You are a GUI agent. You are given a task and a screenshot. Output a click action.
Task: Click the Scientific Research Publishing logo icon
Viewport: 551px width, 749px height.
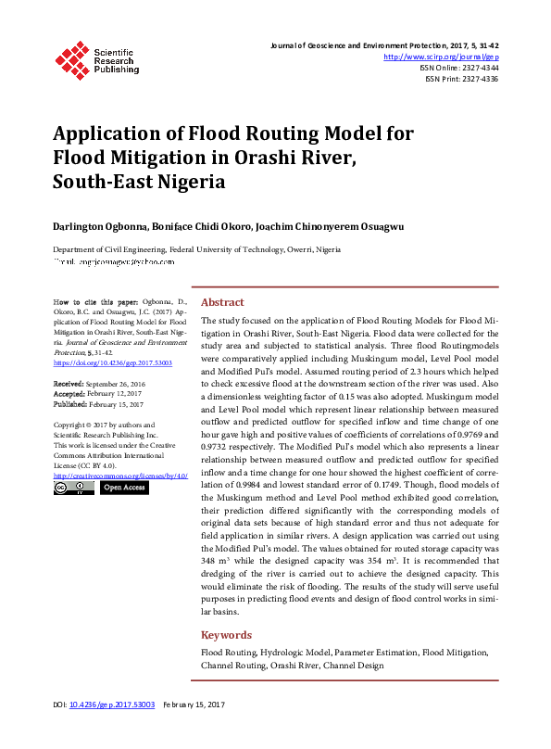tap(71, 57)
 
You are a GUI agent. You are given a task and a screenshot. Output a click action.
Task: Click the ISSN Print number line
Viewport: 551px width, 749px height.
tap(461, 79)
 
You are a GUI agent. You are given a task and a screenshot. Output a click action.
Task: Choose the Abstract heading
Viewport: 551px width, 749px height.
tap(222, 302)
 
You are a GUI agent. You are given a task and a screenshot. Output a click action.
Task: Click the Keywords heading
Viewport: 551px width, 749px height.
tap(226, 635)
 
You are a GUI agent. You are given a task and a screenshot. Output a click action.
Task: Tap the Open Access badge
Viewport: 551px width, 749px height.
tap(124, 487)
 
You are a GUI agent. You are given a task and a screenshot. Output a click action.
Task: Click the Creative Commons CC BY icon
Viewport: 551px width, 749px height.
tap(74, 487)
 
